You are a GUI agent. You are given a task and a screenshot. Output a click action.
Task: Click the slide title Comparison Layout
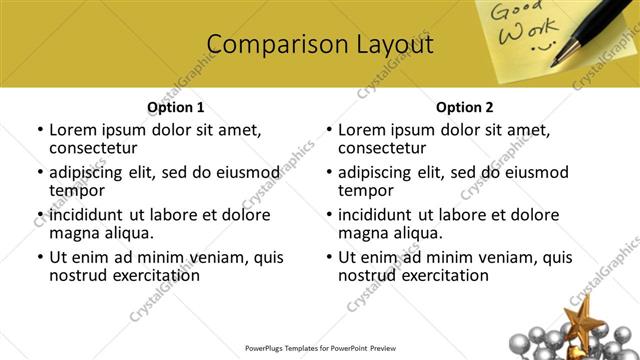[x=320, y=45]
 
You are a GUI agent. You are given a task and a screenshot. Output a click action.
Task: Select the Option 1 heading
[x=175, y=107]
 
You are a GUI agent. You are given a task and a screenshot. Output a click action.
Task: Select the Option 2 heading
[x=464, y=107]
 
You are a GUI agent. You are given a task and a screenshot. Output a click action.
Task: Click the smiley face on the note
[x=542, y=45]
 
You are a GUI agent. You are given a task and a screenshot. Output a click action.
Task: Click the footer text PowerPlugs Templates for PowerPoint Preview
[x=320, y=349]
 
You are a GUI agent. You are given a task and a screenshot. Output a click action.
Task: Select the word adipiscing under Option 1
[x=92, y=172]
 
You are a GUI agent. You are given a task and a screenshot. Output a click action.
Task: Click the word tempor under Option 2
[x=365, y=190]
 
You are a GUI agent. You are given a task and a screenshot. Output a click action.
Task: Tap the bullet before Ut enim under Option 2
[x=329, y=257]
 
